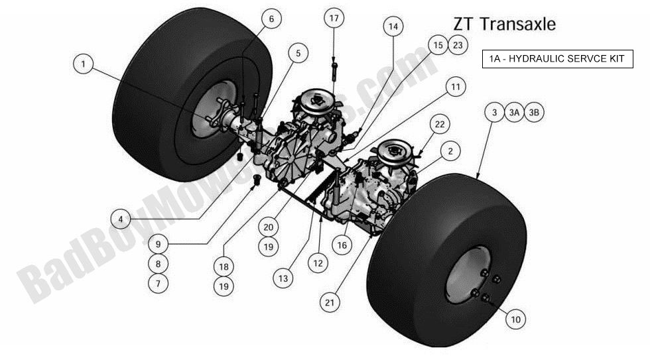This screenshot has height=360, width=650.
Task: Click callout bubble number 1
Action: pos(84,64)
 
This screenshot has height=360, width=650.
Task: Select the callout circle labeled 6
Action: pos(271,19)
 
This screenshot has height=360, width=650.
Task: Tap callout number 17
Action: pos(335,19)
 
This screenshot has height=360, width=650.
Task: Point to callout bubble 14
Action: pos(394,27)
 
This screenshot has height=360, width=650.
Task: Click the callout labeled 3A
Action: pos(514,113)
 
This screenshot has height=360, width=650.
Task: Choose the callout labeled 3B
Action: pos(534,113)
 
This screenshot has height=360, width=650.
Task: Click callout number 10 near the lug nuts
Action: pos(516,320)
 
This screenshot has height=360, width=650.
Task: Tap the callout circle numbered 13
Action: pos(283,279)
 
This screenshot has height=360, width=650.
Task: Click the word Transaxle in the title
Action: pos(518,24)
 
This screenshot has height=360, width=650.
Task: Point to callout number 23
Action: pos(457,45)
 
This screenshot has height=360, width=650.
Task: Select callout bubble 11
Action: pos(454,86)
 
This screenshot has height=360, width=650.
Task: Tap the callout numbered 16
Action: pos(342,245)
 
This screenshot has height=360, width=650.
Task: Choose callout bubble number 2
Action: pos(450,152)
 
